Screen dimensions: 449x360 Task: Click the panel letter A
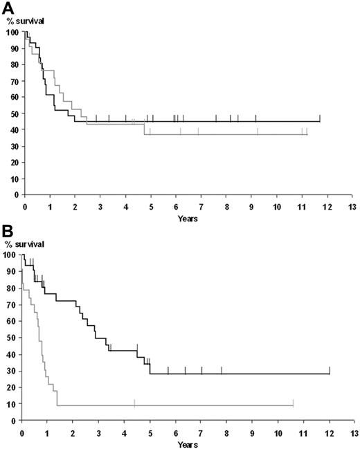click(x=7, y=8)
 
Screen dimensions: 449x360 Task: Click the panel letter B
click(x=7, y=229)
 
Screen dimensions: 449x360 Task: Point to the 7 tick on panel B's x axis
click(x=201, y=428)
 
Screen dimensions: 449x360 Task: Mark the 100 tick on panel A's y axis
click(x=11, y=32)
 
